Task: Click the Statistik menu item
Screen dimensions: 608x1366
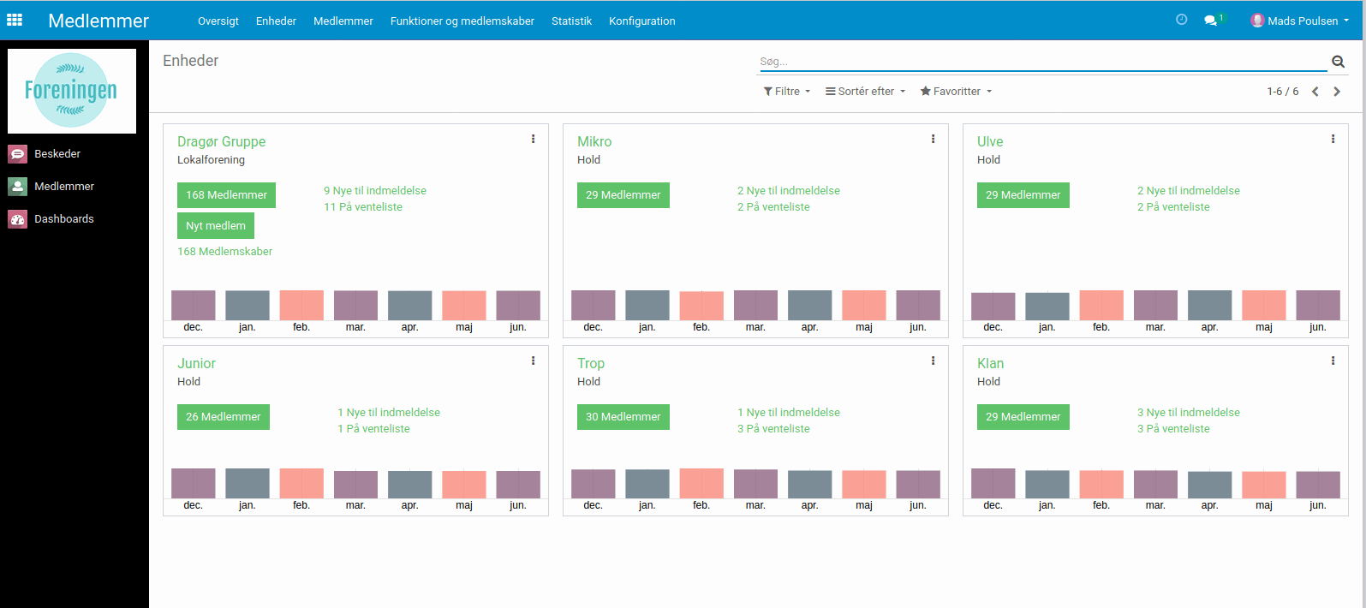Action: (x=571, y=21)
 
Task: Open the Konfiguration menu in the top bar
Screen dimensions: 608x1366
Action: (x=641, y=21)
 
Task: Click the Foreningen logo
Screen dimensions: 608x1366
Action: (x=72, y=91)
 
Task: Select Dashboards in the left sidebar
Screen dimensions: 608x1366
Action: (x=63, y=219)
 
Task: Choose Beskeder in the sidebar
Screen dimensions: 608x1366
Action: (x=57, y=154)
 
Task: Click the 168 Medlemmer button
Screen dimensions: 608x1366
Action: (x=226, y=195)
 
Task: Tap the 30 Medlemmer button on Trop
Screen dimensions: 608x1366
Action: (x=623, y=417)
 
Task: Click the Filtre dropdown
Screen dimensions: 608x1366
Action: (x=786, y=92)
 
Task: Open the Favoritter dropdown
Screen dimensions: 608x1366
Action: (x=956, y=92)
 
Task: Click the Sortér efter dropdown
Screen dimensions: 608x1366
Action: (x=865, y=92)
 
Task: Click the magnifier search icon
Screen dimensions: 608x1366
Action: (x=1338, y=62)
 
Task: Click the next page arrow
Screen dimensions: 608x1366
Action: (x=1337, y=92)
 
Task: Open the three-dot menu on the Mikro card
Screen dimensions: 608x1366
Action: (x=933, y=139)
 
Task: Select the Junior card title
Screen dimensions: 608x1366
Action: (x=196, y=364)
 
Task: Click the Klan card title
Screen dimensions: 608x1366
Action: (x=990, y=364)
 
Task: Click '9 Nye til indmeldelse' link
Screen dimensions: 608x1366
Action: (x=375, y=191)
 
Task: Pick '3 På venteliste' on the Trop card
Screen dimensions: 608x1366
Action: (x=773, y=429)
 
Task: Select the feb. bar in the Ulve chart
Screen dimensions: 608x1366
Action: (x=1101, y=306)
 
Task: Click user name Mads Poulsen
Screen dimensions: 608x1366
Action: (x=1302, y=21)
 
